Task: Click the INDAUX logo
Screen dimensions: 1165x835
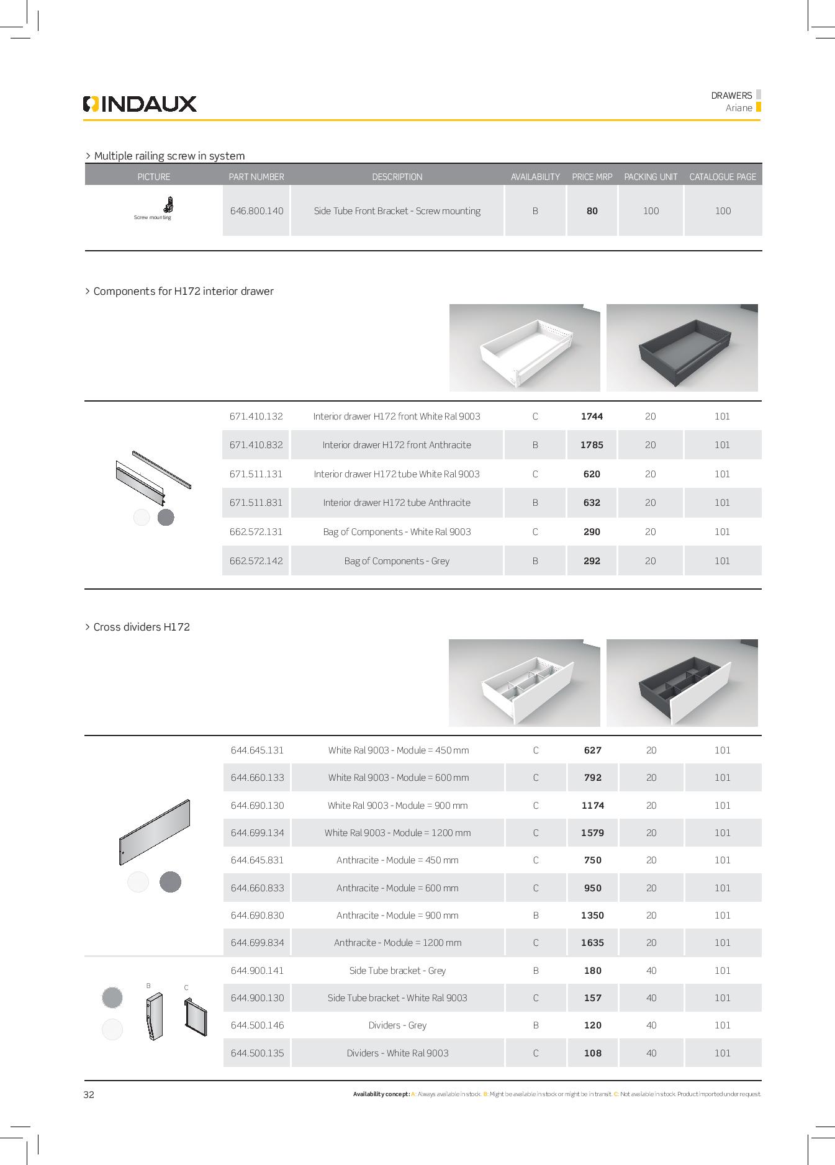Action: point(140,104)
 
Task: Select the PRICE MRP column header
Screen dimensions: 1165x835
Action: point(592,177)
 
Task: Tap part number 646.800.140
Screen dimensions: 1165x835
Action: point(256,211)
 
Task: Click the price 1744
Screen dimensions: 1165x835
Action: point(592,416)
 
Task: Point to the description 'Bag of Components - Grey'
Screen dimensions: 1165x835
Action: point(397,561)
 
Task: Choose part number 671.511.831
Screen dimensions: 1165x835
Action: point(256,503)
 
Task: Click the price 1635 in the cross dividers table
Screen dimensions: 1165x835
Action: point(592,943)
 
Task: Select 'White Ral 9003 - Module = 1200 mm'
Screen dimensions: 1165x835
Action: point(397,833)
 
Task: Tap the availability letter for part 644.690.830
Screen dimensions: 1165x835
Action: point(536,915)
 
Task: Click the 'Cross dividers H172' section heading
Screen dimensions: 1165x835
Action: point(142,627)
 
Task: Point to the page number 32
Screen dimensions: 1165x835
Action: point(89,1095)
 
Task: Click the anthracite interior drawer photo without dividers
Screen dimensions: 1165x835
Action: point(682,348)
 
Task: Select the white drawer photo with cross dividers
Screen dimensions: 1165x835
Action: point(524,683)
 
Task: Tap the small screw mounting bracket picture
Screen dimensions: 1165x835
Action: point(168,204)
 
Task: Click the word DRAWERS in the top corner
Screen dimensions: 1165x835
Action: point(731,96)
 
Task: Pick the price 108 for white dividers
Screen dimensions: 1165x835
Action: point(592,1053)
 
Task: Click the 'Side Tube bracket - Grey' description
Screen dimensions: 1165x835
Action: point(397,971)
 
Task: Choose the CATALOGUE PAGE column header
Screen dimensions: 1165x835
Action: point(723,177)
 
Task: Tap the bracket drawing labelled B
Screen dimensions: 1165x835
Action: point(154,1017)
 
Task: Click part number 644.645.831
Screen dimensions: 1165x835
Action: point(257,860)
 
